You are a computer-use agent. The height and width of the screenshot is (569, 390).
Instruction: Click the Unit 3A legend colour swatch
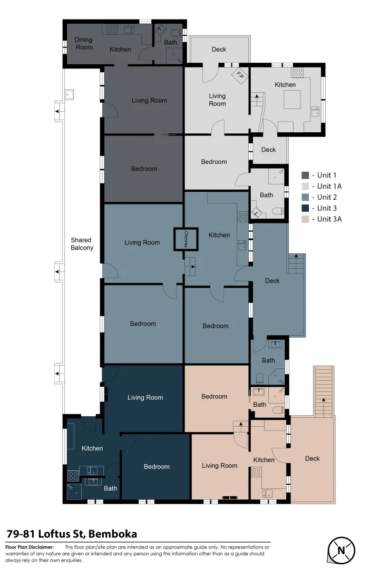point(305,219)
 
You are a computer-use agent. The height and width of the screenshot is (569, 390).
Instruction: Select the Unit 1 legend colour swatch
point(305,175)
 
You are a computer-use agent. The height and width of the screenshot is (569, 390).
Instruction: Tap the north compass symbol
point(341,551)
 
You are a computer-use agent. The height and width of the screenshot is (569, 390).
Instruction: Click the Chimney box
point(186,240)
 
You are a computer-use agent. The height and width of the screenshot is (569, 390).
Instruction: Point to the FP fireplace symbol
point(240,75)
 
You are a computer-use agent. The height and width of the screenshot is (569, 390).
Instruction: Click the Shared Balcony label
point(82,243)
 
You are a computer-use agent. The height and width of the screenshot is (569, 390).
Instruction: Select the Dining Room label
point(83,43)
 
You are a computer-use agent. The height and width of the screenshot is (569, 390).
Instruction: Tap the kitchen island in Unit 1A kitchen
point(292,99)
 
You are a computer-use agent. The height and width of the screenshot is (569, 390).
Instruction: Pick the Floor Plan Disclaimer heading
point(30,547)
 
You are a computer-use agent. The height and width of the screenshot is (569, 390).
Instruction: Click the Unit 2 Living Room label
point(142,242)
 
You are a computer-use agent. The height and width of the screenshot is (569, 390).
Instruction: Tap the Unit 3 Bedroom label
point(157,466)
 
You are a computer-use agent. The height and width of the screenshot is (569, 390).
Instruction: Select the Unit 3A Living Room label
point(220,465)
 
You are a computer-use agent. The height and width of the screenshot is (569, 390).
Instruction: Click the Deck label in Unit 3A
point(312,458)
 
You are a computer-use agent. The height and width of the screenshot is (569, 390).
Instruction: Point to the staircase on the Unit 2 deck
point(296,263)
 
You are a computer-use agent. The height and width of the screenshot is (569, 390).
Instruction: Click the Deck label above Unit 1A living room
point(219,50)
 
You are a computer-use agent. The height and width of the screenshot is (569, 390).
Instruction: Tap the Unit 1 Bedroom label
point(144,169)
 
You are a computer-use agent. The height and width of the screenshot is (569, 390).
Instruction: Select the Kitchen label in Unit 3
point(92,448)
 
